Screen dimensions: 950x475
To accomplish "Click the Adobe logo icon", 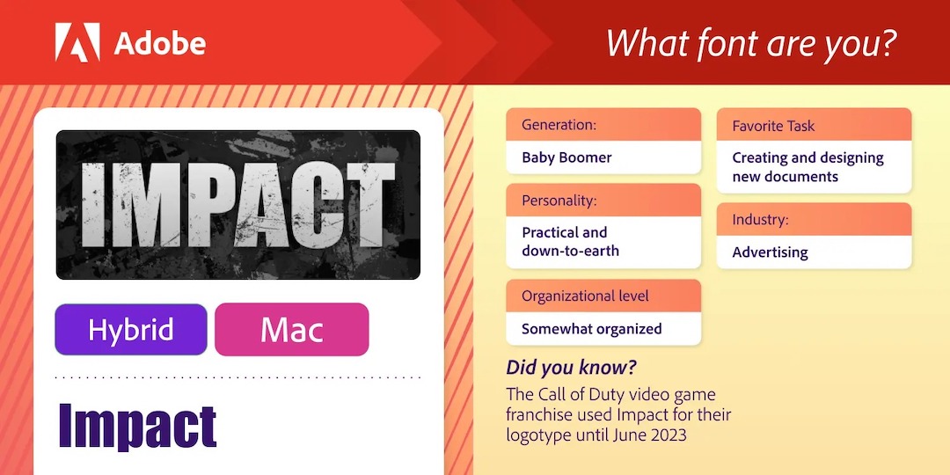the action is point(77,42).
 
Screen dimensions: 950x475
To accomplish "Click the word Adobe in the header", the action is point(160,44).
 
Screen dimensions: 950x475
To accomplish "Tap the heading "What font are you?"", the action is point(751,43).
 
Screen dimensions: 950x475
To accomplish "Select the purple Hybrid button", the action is point(131,329).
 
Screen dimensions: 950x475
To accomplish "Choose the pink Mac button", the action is point(291,329).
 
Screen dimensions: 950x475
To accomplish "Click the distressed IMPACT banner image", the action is point(238,205).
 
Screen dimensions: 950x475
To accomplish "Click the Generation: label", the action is point(559,126).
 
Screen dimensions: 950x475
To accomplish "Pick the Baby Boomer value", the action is point(566,157).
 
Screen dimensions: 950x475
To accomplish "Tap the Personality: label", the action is point(559,201).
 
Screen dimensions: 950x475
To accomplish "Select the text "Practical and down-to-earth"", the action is point(570,241).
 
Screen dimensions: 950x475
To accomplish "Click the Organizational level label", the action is point(585,296).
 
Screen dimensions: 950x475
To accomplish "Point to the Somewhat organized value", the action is point(591,329).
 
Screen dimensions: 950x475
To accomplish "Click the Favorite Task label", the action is point(774,126).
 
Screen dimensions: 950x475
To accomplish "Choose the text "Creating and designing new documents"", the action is point(807,166).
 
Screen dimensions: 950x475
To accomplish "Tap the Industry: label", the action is point(760,219).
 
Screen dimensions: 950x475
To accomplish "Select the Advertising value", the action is point(770,252).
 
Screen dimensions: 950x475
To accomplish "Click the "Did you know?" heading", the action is point(572,368).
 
